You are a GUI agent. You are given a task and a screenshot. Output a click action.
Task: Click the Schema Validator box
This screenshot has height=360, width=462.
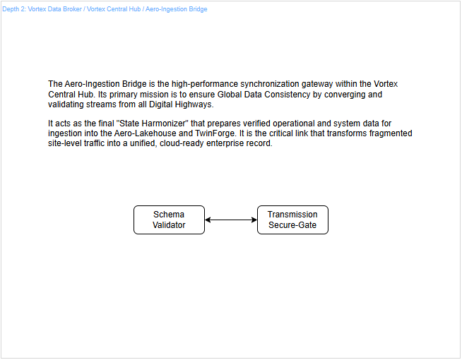(x=169, y=220)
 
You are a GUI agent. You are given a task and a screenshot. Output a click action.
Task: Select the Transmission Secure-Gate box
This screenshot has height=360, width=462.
(x=292, y=220)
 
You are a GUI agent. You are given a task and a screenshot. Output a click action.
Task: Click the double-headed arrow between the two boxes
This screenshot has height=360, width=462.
(x=231, y=220)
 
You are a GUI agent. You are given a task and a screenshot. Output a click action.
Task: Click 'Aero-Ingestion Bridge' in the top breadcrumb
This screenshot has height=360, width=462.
(x=176, y=9)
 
